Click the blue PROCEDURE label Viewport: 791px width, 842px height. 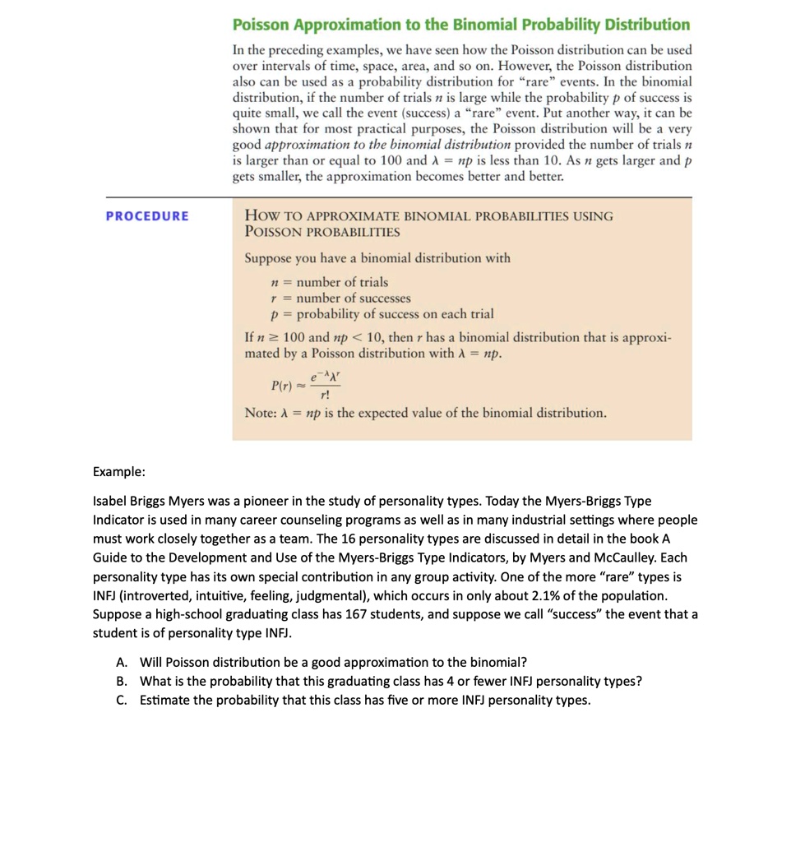tap(147, 216)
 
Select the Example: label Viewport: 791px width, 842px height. tap(119, 472)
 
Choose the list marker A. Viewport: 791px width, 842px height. tap(122, 663)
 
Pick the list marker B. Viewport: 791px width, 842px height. tap(122, 682)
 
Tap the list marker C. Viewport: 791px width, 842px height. tap(122, 701)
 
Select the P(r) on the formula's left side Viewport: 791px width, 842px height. tap(282, 385)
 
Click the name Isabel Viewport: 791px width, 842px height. tap(111, 501)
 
